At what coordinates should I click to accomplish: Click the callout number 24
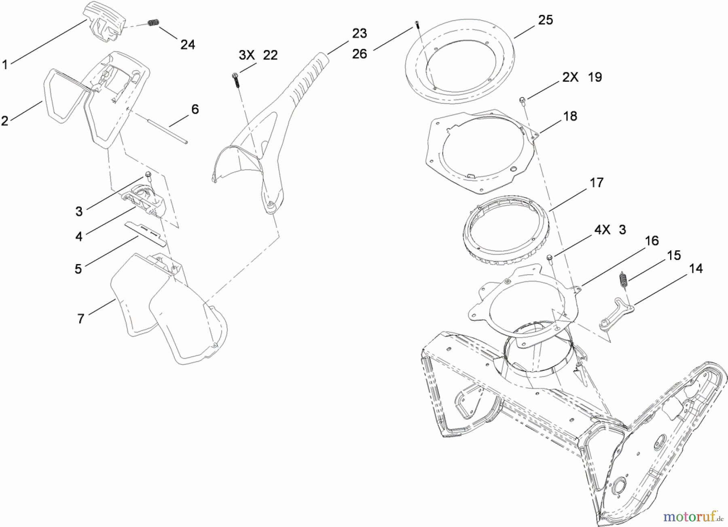click(187, 44)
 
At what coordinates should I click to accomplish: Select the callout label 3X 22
click(258, 55)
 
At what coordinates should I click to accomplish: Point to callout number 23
click(359, 33)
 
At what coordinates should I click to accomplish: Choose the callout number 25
click(545, 20)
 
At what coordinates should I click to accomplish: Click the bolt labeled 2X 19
click(523, 100)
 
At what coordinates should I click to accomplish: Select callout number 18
click(570, 116)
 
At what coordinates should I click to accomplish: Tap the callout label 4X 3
click(610, 230)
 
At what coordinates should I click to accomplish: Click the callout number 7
click(80, 319)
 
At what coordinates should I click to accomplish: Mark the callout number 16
click(652, 241)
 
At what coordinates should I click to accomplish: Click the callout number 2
click(4, 121)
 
